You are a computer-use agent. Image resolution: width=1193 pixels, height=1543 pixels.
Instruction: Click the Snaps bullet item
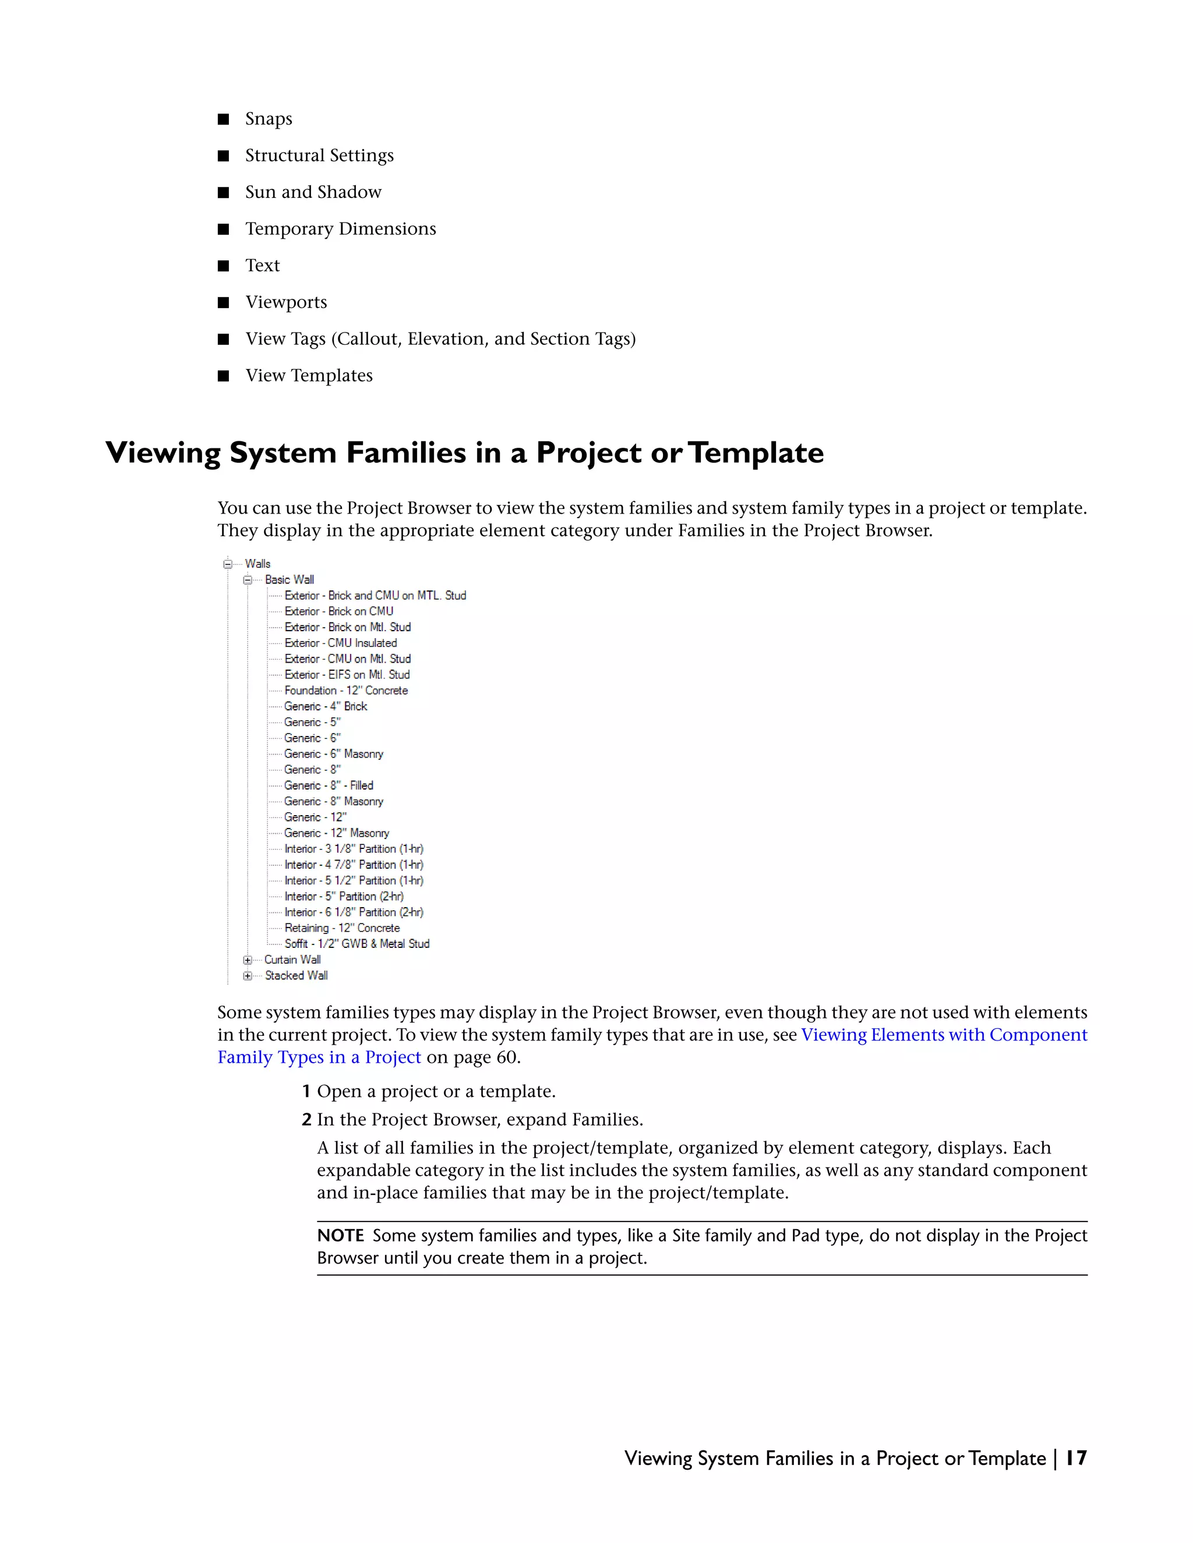click(269, 119)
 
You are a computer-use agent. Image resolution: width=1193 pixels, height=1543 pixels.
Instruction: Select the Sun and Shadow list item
click(313, 192)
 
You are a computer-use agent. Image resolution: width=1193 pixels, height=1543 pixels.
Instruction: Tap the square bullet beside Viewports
click(223, 302)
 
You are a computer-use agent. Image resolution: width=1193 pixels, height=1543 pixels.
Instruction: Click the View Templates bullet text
click(309, 376)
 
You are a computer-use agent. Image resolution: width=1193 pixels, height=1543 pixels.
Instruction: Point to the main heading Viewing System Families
click(464, 453)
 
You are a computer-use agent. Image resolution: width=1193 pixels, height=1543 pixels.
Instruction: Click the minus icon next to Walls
click(228, 564)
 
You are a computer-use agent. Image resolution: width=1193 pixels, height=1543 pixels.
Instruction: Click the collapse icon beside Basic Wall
click(248, 580)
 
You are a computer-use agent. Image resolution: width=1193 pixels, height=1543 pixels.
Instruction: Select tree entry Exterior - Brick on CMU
click(338, 611)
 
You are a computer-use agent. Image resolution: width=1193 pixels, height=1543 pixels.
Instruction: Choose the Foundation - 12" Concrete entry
click(345, 690)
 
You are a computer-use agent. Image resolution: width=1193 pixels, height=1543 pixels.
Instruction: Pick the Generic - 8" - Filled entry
click(329, 785)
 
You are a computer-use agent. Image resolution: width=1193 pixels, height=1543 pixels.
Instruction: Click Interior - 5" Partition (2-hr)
click(344, 897)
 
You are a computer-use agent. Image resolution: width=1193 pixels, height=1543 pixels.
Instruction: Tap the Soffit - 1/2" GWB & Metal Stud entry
click(357, 944)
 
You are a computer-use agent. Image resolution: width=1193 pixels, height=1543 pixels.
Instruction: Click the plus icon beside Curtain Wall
click(248, 960)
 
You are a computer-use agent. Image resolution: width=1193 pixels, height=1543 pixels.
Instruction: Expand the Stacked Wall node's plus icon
click(248, 976)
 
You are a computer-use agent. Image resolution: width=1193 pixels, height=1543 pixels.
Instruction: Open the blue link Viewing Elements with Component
click(944, 1035)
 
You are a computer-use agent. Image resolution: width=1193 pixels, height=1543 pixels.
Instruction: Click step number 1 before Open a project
click(306, 1092)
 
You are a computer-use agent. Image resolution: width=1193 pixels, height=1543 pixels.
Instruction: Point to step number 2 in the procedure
click(306, 1120)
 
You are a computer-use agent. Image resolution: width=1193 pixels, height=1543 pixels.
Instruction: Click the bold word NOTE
click(340, 1236)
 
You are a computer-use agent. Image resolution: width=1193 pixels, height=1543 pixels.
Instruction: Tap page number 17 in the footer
click(1076, 1458)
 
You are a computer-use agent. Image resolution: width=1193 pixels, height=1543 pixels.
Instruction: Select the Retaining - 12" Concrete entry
click(342, 928)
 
